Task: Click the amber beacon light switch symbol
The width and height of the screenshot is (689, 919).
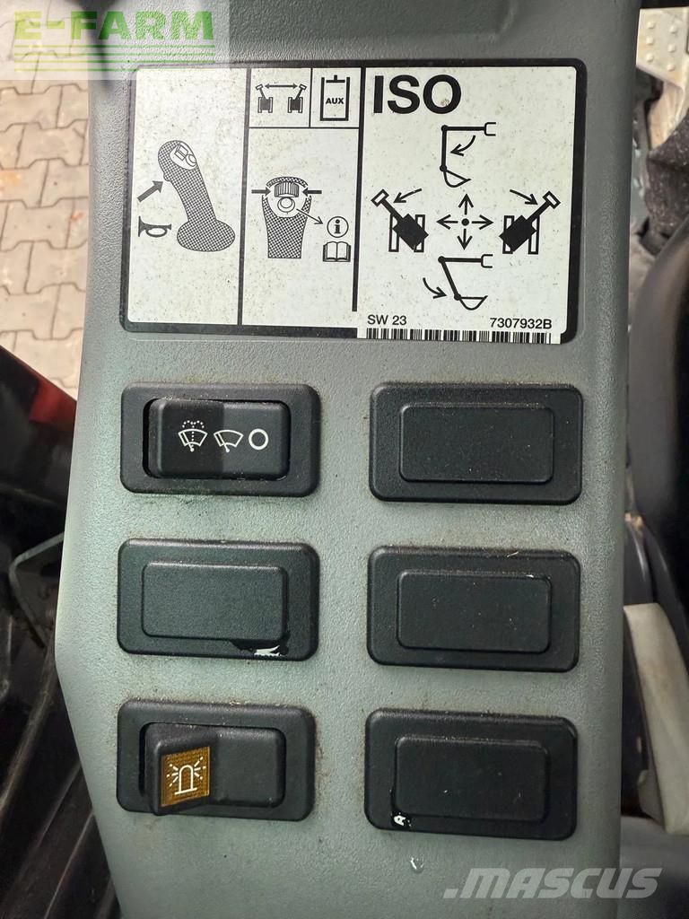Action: pos(185,776)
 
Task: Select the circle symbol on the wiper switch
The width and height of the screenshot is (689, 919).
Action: pos(258,438)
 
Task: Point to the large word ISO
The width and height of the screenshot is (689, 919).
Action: pos(416,94)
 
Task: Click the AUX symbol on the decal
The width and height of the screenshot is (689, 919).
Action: pos(334,97)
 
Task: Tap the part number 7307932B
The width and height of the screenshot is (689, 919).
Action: pos(520,323)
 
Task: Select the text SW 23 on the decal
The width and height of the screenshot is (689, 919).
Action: pos(386,320)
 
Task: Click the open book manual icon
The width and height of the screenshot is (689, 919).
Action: pos(337,252)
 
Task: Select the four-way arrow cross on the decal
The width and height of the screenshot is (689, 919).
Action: pos(465,223)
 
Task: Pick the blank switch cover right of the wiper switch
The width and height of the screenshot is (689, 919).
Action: pos(475,443)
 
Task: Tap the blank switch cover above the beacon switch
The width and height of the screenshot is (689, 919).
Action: pos(218,600)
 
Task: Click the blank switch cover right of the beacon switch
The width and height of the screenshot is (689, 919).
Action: pos(471,775)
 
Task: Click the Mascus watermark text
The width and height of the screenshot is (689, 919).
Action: pos(553,883)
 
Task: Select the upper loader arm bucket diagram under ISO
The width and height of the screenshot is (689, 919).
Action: pos(466,155)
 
